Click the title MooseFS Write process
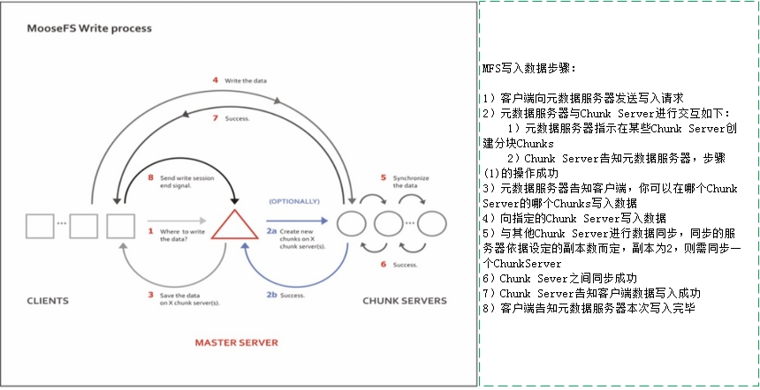click(88, 28)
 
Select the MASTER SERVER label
click(236, 342)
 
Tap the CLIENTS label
click(47, 301)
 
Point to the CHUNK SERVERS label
click(405, 301)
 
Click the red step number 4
click(215, 80)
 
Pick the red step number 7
click(215, 117)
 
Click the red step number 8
click(152, 177)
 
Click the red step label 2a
click(272, 230)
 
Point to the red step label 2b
click(272, 295)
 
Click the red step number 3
click(151, 295)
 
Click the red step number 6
click(384, 264)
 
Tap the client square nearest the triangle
click(120, 226)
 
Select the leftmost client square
click(39, 226)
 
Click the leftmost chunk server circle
click(351, 226)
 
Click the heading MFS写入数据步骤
click(528, 67)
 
